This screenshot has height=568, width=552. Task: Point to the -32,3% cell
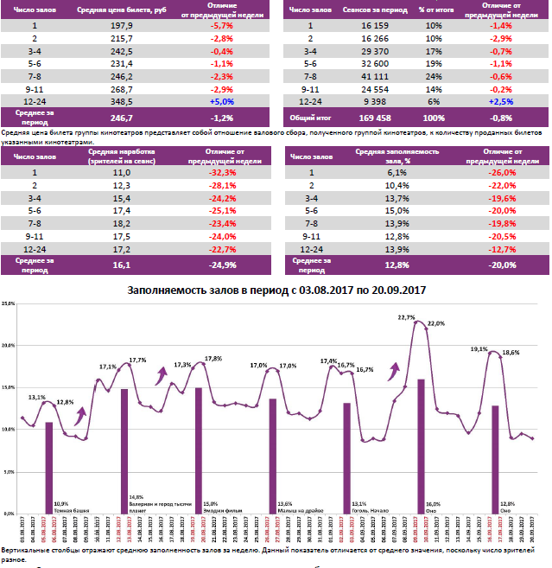pos(223,173)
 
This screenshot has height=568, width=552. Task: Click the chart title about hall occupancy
pos(276,290)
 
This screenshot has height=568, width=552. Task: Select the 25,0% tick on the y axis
pos(10,304)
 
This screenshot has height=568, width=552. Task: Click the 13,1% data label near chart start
pos(36,398)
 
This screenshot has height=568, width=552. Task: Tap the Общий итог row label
pos(307,118)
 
